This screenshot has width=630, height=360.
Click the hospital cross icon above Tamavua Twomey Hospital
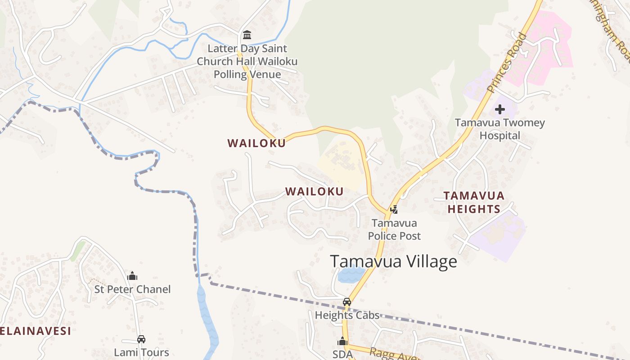(500, 109)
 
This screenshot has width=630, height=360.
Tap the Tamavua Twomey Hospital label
(499, 129)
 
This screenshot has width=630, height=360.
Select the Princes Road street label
(507, 63)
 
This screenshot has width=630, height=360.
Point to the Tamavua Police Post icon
(394, 209)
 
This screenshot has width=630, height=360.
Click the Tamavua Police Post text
(394, 229)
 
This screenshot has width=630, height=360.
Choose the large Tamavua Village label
(393, 261)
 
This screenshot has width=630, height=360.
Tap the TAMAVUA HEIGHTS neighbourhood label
(474, 202)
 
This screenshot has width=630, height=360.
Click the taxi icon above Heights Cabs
(346, 302)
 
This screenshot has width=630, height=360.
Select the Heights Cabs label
(347, 315)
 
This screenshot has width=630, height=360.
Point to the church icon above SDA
(342, 342)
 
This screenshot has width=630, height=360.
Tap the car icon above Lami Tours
(141, 339)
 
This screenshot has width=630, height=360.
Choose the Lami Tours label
(141, 352)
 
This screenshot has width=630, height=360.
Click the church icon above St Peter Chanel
(132, 276)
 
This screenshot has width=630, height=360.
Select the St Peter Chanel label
(132, 289)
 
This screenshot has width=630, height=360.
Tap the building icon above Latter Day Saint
(247, 35)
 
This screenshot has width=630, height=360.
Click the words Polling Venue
(247, 74)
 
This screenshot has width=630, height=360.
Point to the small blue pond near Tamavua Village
(351, 274)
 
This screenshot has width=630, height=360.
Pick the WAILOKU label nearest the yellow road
(256, 144)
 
